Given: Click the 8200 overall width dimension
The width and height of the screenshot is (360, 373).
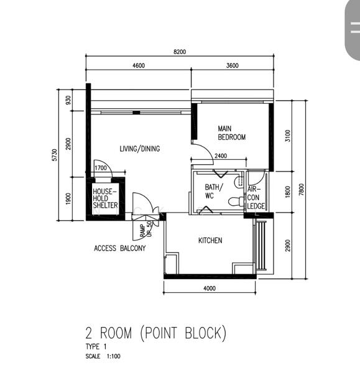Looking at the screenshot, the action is click(180, 52).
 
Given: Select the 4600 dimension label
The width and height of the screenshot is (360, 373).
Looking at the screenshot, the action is click(139, 65).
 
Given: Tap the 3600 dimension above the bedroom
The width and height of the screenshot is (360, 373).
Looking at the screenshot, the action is click(232, 65).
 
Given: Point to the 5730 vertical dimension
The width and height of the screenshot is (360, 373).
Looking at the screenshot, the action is click(55, 155).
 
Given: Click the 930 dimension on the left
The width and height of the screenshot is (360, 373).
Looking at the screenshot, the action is click(68, 100).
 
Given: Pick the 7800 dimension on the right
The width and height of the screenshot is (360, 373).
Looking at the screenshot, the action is click(301, 190).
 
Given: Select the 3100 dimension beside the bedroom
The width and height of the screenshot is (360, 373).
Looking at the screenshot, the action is click(288, 136).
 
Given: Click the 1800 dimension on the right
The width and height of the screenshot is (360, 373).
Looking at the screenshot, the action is click(288, 191).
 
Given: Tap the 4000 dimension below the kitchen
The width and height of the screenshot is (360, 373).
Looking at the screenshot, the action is click(210, 288).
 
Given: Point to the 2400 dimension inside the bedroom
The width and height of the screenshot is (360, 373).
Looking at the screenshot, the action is click(221, 156).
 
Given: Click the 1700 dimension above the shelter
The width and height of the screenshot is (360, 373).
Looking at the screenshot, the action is click(101, 168).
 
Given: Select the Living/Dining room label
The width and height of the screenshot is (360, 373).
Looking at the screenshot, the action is click(140, 149).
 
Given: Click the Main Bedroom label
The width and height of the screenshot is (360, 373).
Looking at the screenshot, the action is click(231, 133).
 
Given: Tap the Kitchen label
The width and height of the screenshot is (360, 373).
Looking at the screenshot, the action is click(210, 241).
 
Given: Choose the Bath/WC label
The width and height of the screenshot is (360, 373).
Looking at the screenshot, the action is click(214, 191).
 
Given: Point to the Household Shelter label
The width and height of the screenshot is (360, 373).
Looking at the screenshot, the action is click(105, 198).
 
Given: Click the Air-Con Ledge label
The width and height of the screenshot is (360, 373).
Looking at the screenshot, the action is click(256, 198).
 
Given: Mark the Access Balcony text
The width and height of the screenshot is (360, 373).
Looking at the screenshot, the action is click(119, 248).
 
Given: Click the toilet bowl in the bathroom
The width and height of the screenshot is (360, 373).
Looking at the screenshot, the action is click(236, 201).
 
